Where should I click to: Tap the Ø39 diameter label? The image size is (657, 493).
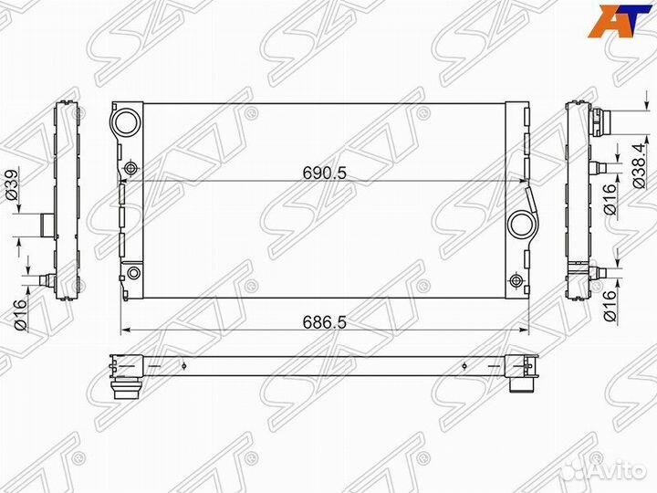[11, 185]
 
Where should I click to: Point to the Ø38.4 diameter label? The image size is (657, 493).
[645, 162]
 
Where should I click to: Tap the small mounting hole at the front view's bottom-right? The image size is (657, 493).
[517, 280]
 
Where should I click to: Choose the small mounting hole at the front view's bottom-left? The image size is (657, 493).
[133, 273]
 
